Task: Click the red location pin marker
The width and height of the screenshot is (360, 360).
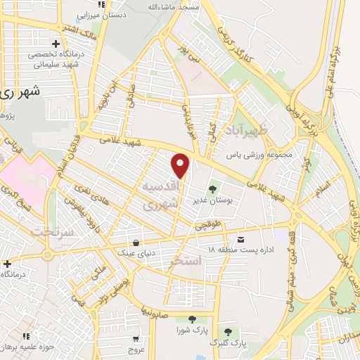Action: (181, 165)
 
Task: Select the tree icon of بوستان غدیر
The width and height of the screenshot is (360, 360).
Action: (213, 188)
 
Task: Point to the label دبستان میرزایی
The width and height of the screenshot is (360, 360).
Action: (96, 14)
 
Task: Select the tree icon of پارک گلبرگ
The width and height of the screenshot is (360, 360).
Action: (226, 330)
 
